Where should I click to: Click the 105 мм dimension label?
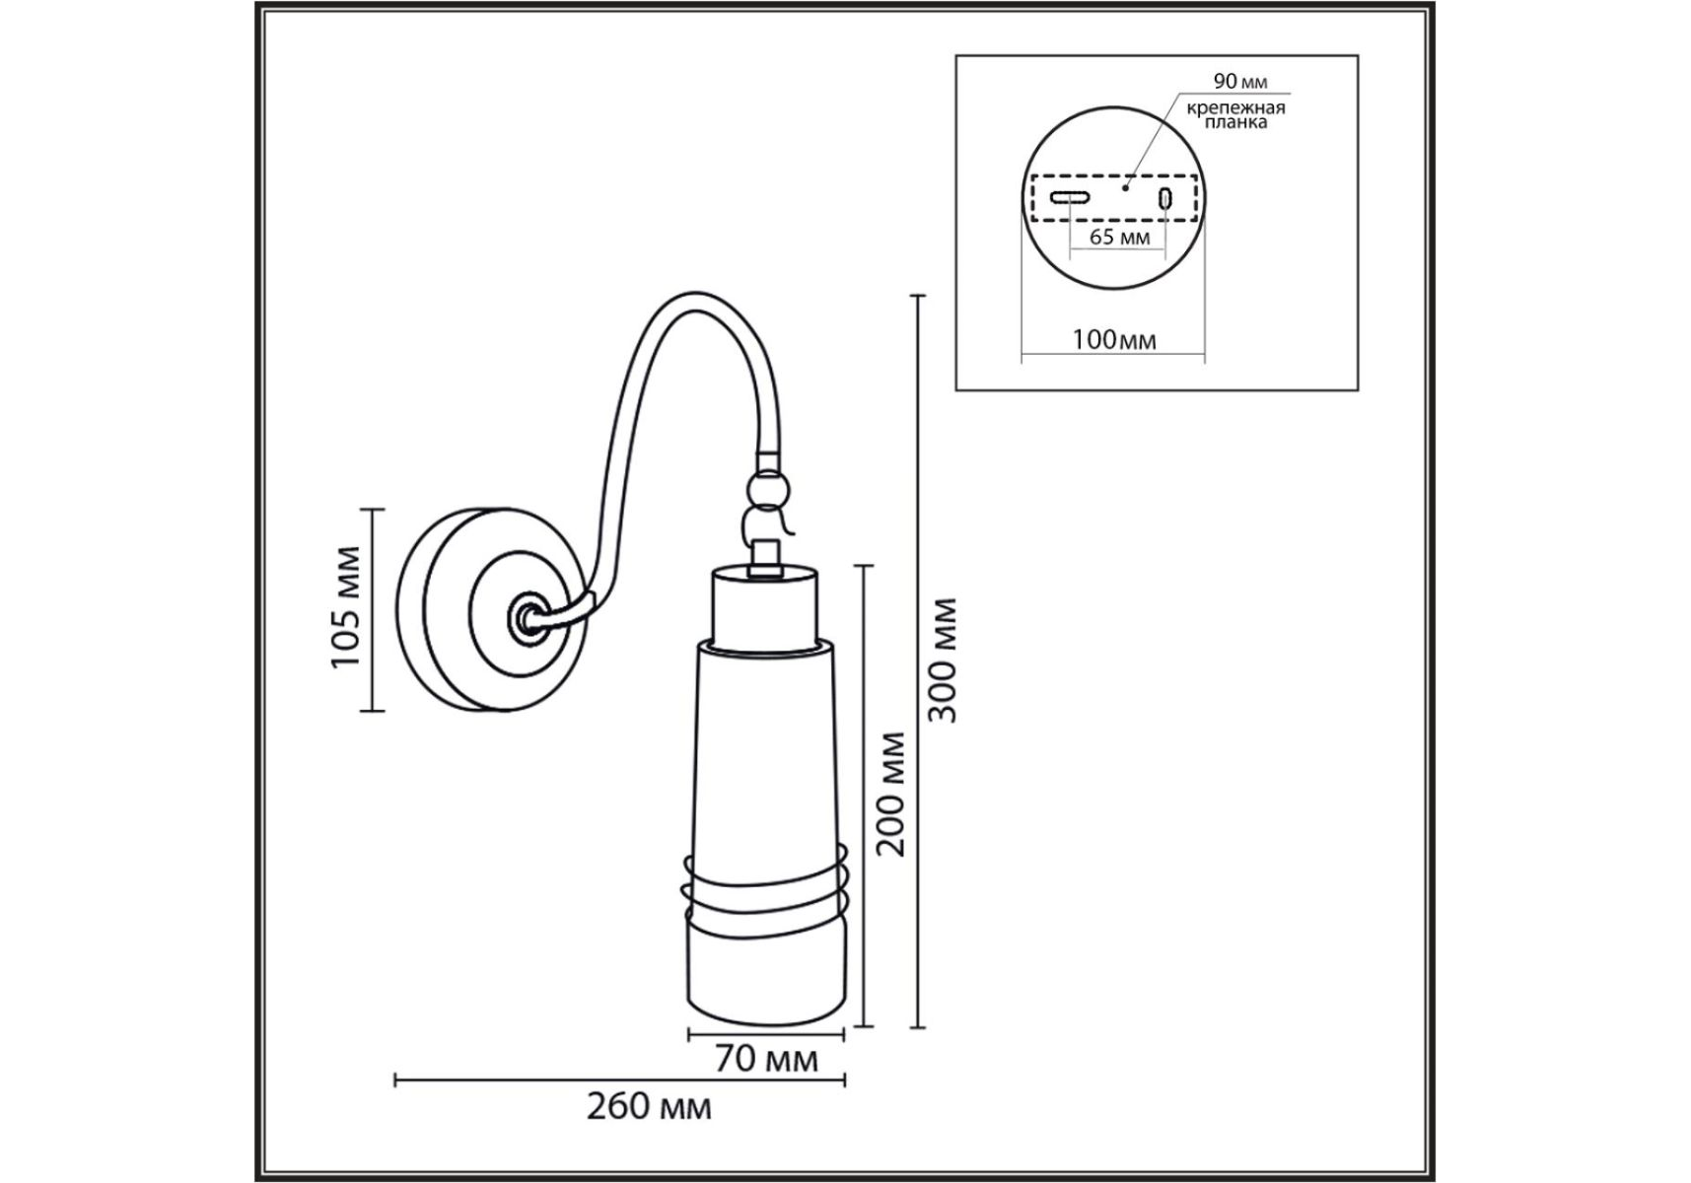click(346, 605)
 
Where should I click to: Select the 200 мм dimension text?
click(891, 794)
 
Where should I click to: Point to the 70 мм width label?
click(766, 1059)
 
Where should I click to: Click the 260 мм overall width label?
click(649, 1107)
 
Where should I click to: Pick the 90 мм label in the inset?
click(1240, 81)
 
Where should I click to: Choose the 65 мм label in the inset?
click(1119, 237)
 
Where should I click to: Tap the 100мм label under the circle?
click(1114, 339)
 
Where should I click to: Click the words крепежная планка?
click(1235, 114)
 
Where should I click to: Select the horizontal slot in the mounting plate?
click(1069, 197)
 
